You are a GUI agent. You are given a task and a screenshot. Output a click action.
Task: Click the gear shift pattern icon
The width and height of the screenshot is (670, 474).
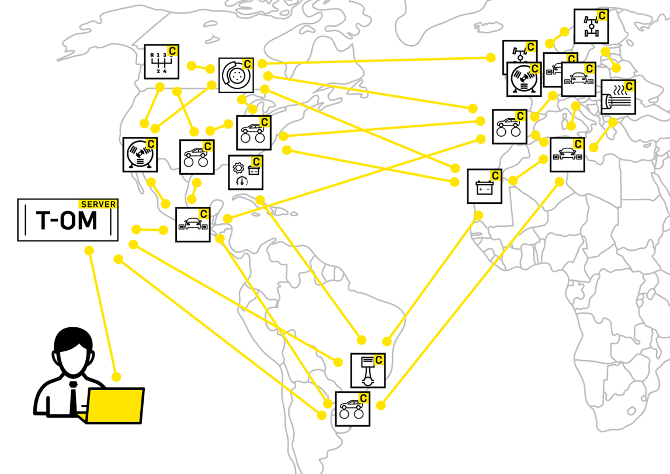pyautogui.click(x=161, y=61)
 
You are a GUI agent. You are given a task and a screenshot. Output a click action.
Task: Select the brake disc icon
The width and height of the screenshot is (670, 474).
pyautogui.click(x=236, y=75)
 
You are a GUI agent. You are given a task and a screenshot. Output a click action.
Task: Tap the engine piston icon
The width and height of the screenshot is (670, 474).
pyautogui.click(x=368, y=371)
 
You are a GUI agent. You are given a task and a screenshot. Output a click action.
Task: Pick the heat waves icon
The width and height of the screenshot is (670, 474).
pyautogui.click(x=618, y=97)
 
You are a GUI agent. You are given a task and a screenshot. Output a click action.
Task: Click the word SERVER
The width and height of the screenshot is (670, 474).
pyautogui.click(x=98, y=205)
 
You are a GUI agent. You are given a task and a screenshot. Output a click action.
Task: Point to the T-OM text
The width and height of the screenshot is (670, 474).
pyautogui.click(x=67, y=220)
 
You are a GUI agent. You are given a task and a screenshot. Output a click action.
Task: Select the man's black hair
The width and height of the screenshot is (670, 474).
pyautogui.click(x=73, y=340)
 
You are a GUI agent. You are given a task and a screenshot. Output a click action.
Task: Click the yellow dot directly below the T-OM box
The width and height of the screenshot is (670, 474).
pyautogui.click(x=89, y=251)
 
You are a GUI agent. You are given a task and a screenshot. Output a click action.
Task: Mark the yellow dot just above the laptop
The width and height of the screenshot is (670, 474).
pyautogui.click(x=116, y=377)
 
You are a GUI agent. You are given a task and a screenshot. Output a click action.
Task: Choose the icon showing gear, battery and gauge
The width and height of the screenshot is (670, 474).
pyautogui.click(x=246, y=172)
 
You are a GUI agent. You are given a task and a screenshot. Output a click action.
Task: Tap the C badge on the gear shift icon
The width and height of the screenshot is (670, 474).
pyautogui.click(x=172, y=51)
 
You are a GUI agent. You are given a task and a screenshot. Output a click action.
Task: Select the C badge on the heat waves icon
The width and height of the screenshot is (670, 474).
pyautogui.click(x=629, y=87)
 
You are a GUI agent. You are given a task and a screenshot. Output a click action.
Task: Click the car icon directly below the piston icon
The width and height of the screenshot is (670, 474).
pyautogui.click(x=352, y=409)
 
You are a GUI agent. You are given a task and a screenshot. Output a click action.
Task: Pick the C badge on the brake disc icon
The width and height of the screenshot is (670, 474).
pyautogui.click(x=247, y=64)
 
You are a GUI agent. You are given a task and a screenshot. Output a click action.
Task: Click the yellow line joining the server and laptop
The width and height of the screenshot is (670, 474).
pyautogui.click(x=103, y=314)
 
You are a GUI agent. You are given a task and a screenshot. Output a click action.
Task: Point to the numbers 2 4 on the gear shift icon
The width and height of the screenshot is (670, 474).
pyautogui.click(x=161, y=71)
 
